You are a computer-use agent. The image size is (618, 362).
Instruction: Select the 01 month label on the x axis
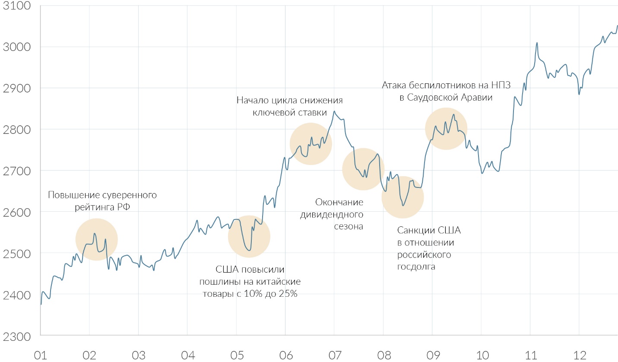[40, 355]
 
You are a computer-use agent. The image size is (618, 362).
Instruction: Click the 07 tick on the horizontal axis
[334, 355]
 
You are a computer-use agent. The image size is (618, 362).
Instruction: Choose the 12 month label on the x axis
[579, 355]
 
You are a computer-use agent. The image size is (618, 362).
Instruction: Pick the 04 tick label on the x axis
[187, 355]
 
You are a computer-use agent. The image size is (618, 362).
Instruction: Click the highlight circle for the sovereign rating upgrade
[97, 239]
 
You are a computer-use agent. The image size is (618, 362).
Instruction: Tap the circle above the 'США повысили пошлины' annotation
[249, 236]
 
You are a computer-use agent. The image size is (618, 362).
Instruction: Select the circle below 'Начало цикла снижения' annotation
[311, 144]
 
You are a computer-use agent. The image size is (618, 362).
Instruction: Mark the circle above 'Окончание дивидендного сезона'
[363, 169]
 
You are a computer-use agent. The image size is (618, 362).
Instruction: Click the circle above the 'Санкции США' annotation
[403, 197]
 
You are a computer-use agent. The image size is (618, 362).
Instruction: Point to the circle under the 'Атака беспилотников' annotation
[446, 128]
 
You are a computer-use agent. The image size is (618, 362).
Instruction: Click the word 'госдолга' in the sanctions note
[416, 267]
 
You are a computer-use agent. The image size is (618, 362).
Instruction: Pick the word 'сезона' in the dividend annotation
[348, 226]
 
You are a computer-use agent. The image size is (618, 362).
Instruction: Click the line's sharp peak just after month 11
[537, 43]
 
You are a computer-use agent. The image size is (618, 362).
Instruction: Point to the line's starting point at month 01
[41, 304]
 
